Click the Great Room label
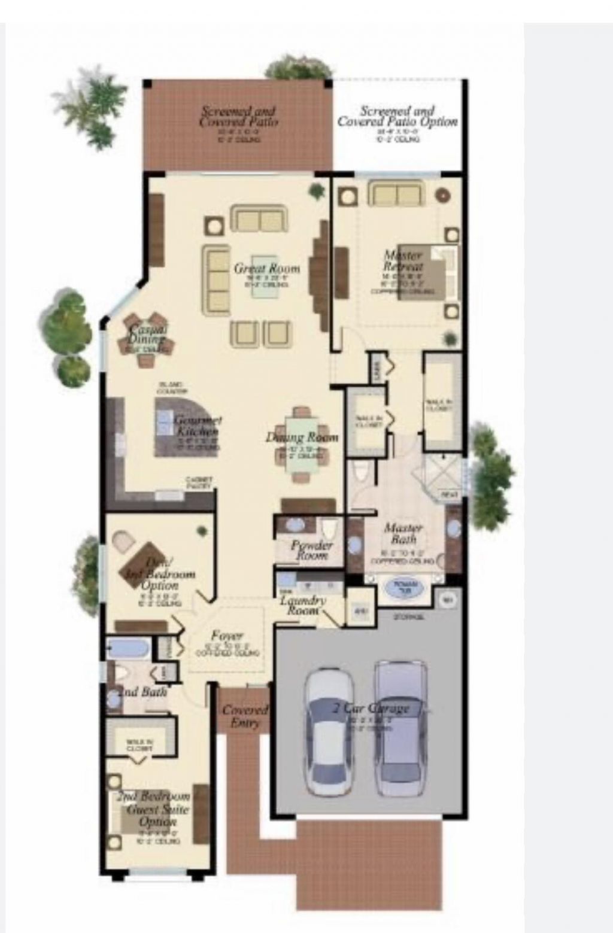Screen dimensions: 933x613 click(267, 268)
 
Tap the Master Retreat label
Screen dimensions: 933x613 click(403, 261)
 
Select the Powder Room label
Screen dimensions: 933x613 click(311, 550)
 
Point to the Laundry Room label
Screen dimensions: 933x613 click(303, 605)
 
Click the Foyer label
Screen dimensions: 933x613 click(227, 636)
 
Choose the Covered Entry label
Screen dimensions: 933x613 click(245, 716)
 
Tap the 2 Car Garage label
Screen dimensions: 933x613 click(371, 709)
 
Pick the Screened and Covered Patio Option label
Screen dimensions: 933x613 click(397, 116)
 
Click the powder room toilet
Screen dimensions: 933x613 click(329, 531)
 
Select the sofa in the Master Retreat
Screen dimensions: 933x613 click(395, 194)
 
